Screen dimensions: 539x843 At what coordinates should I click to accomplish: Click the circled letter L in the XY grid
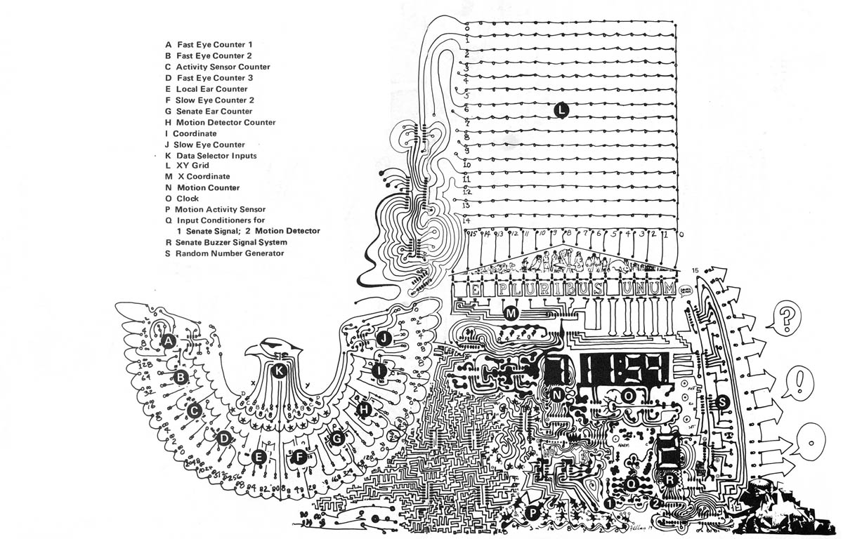(x=560, y=109)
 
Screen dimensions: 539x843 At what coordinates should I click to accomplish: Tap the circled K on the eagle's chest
(x=279, y=371)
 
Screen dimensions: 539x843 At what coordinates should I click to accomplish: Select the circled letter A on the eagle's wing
(x=167, y=341)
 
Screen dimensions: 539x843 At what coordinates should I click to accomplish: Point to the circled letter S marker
(x=722, y=402)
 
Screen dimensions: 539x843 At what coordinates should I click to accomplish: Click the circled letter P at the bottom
(x=534, y=514)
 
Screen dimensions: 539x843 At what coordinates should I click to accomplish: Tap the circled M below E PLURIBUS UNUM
(x=511, y=314)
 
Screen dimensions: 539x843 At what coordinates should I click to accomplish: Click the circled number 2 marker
(x=655, y=503)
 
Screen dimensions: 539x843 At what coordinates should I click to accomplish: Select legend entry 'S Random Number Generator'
(x=224, y=253)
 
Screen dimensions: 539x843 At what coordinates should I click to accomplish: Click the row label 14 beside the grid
(x=465, y=220)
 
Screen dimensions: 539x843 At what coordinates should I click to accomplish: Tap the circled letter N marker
(x=557, y=395)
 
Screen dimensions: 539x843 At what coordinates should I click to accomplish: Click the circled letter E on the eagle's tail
(x=259, y=458)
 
